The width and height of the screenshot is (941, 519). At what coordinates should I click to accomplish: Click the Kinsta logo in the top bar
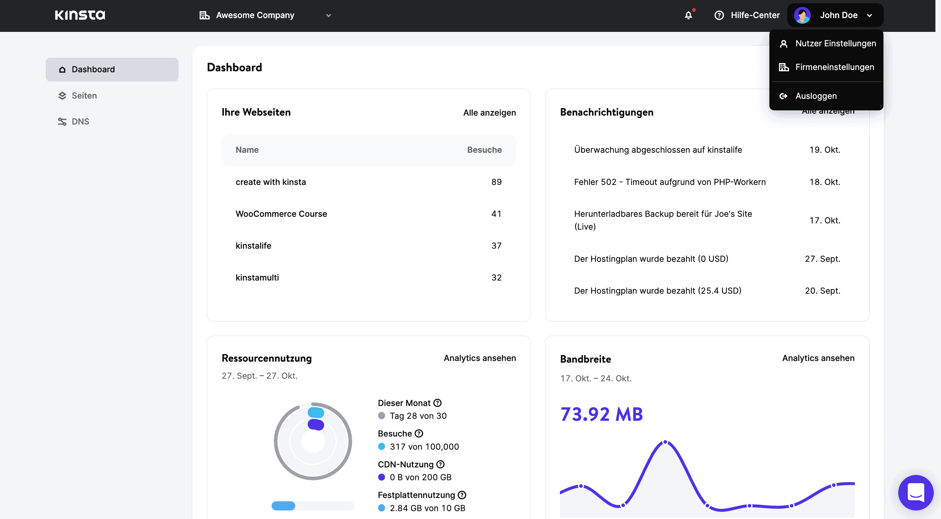(x=80, y=15)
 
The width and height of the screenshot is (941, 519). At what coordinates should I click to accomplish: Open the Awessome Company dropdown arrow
(x=328, y=15)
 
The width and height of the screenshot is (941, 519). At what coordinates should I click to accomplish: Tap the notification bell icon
(x=688, y=15)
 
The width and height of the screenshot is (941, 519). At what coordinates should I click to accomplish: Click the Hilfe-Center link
(x=755, y=15)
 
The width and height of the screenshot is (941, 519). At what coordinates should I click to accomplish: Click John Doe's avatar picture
(x=802, y=15)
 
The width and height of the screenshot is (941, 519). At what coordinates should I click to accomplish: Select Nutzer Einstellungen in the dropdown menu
(x=835, y=43)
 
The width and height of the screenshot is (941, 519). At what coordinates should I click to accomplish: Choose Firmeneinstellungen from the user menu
(x=834, y=67)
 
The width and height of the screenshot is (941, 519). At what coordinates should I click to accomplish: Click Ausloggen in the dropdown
(x=815, y=96)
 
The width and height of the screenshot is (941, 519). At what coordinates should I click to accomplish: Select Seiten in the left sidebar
(x=84, y=96)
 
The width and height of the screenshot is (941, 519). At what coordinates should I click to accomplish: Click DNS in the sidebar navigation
(x=80, y=122)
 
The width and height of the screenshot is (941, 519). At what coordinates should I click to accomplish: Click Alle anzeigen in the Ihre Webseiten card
(x=489, y=113)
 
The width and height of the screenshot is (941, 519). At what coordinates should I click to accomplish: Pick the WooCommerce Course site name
(x=281, y=214)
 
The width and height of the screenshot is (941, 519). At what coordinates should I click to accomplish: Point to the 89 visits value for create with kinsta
(x=496, y=182)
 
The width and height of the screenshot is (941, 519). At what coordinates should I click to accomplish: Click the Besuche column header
(x=484, y=150)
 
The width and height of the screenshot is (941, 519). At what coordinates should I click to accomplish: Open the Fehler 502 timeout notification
(x=670, y=182)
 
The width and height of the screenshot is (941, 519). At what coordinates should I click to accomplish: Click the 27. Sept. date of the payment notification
(x=822, y=259)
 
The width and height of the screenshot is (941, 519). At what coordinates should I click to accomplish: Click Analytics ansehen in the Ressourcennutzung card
(x=479, y=358)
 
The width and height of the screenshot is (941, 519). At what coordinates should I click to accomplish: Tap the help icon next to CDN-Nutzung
(x=441, y=464)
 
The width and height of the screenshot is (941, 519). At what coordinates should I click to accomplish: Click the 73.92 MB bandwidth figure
(x=601, y=414)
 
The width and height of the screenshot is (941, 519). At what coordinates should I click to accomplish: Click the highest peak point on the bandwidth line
(x=665, y=442)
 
